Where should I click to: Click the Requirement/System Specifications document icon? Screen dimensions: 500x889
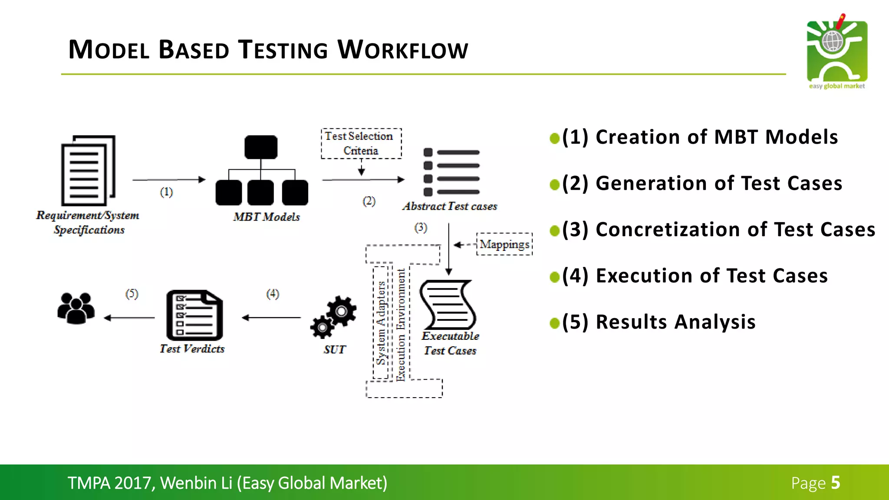pos(88,171)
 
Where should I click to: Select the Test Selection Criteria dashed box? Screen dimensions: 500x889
pos(361,143)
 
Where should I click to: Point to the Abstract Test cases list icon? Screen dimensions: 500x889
pos(451,172)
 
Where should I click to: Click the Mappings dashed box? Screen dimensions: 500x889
pos(504,244)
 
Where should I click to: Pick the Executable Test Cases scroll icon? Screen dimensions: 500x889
pos(448,305)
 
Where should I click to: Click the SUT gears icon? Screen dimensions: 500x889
pos(333,317)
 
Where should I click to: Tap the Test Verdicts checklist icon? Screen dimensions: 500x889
pos(194,316)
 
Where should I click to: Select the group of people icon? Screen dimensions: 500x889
pos(76,308)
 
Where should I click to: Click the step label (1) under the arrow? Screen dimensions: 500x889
pos(166,192)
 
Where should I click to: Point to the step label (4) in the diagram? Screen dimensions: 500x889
pos(273,294)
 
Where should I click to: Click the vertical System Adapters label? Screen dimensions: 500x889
pos(381,323)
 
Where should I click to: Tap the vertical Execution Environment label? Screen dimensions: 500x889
pos(400,325)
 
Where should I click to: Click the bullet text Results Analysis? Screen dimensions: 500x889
pos(675,322)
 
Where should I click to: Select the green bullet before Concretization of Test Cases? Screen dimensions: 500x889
pos(554,230)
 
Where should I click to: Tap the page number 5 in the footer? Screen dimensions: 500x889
pos(835,483)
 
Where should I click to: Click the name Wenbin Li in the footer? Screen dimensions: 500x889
pos(196,483)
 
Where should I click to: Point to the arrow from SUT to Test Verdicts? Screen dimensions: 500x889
pos(271,318)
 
